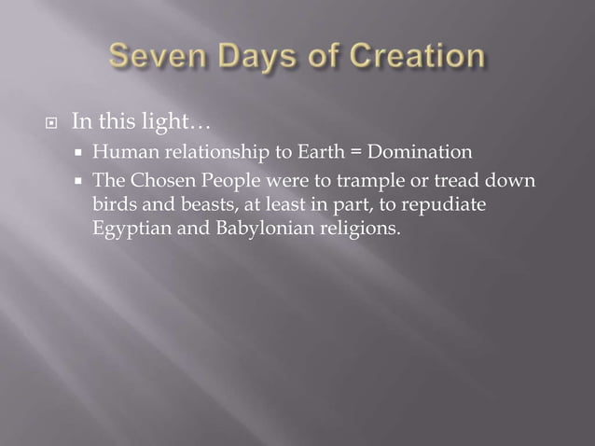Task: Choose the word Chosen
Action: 159,180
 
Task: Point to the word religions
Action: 359,227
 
